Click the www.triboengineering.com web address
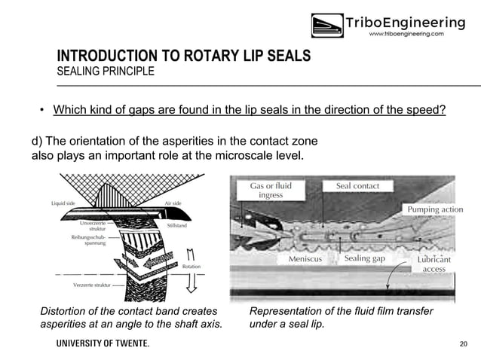[405, 34]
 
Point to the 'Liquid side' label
[65, 203]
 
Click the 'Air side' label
[174, 203]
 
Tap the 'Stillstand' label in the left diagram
[177, 224]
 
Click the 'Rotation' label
[191, 266]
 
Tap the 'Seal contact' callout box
[352, 185]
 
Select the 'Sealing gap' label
[364, 258]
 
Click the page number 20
[463, 343]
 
